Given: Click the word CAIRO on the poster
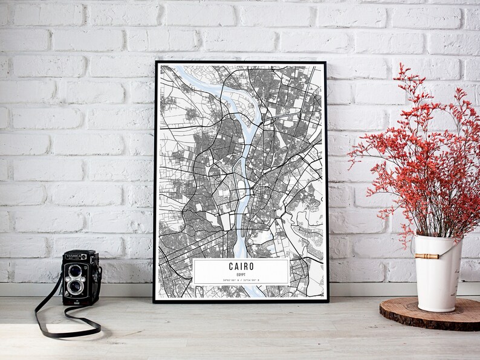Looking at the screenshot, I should [241, 266].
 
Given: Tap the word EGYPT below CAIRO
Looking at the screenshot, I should [241, 274].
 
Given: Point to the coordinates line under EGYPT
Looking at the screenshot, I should [241, 280].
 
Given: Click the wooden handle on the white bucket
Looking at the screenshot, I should [427, 256].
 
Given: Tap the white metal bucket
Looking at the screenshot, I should [437, 278].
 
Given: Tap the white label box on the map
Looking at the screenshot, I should [241, 272].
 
